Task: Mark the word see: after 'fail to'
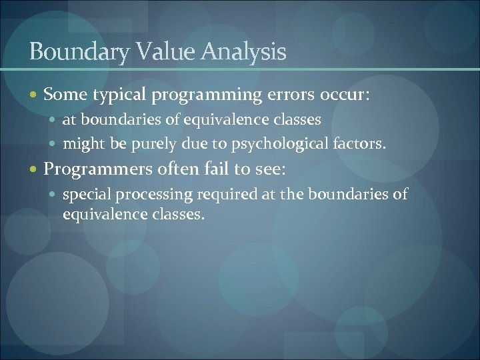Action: pyautogui.click(x=269, y=170)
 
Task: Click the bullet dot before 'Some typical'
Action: pyautogui.click(x=35, y=96)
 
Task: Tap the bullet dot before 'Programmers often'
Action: pyautogui.click(x=35, y=170)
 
